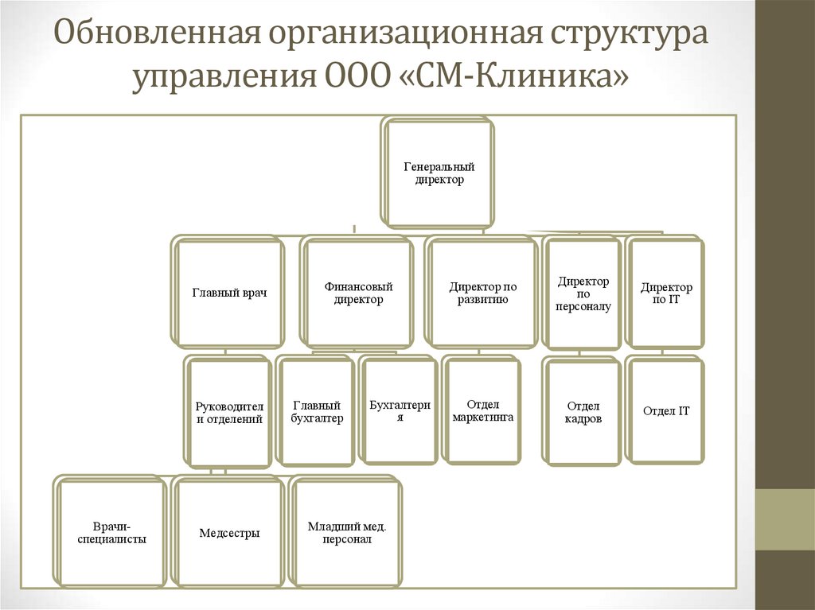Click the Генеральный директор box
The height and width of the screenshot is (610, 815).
[x=439, y=173]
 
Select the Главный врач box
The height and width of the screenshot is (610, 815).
[x=229, y=293]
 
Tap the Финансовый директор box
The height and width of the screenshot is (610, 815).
[x=358, y=293]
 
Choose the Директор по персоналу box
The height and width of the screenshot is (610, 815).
[x=583, y=293]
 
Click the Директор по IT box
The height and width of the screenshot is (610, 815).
[x=666, y=293]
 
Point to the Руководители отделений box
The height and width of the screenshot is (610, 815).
[x=229, y=412]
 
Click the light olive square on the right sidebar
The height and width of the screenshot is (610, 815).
[x=785, y=519]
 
